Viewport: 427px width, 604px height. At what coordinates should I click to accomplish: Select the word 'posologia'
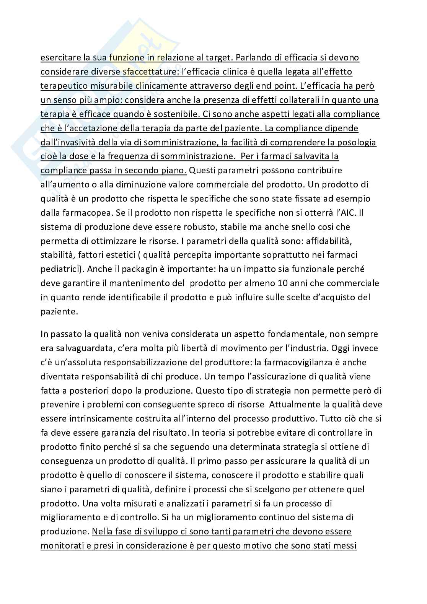pos(357,142)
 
